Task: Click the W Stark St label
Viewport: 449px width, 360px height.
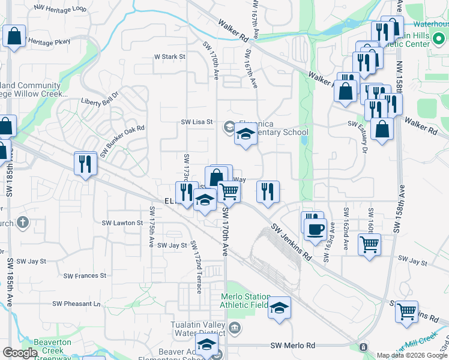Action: [x=170, y=57]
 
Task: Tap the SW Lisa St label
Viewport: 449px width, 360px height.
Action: [x=197, y=122]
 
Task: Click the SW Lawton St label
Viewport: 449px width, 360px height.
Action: [x=122, y=223]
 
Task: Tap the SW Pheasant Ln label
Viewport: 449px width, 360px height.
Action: [x=76, y=304]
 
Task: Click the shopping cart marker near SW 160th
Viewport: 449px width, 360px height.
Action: [x=369, y=244]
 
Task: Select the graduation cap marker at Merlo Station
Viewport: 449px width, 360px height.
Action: [x=279, y=308]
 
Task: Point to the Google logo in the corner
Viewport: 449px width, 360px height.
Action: [x=20, y=353]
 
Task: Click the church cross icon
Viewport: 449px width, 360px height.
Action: [x=23, y=223]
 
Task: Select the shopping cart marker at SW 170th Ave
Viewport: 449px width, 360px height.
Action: [x=229, y=191]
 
